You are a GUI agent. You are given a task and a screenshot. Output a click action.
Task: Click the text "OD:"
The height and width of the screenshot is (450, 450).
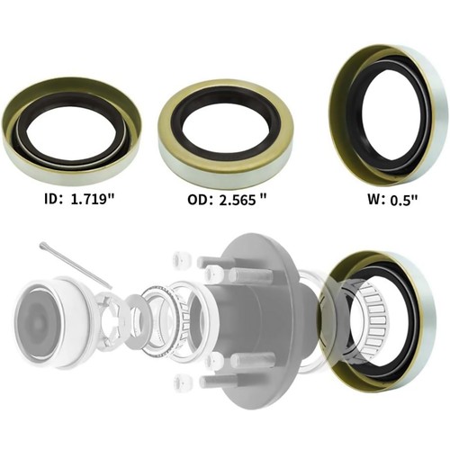click(x=192, y=200)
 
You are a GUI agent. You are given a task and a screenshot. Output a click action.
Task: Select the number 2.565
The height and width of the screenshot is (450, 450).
click(x=238, y=200)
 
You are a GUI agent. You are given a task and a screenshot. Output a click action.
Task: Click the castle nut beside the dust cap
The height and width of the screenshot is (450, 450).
click(x=112, y=319)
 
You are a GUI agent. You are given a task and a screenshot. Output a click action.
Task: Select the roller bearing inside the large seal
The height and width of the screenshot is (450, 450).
click(x=373, y=319)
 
